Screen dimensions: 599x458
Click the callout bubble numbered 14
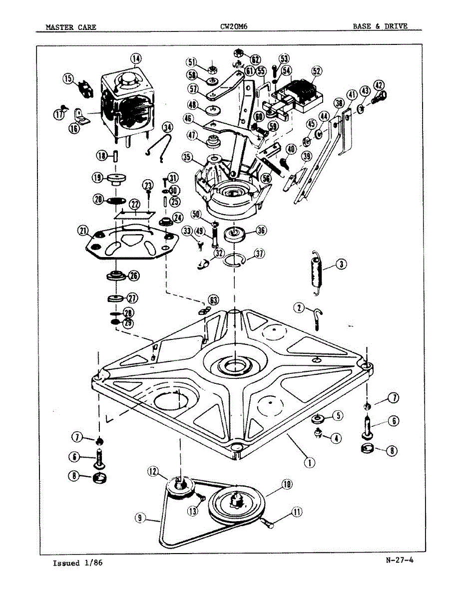(x=136, y=58)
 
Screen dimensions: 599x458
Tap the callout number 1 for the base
(x=310, y=462)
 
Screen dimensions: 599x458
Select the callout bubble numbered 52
(x=316, y=71)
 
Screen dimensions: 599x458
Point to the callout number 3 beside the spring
(x=341, y=264)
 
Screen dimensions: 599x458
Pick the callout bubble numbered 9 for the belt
(x=140, y=519)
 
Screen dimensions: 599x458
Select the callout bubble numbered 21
(x=83, y=230)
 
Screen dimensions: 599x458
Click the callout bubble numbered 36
(x=261, y=231)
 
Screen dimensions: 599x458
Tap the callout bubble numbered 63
(x=213, y=300)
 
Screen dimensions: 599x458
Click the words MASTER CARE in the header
(x=71, y=27)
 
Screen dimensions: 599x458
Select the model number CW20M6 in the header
(x=234, y=26)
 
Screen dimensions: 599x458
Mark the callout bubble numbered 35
(x=187, y=158)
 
